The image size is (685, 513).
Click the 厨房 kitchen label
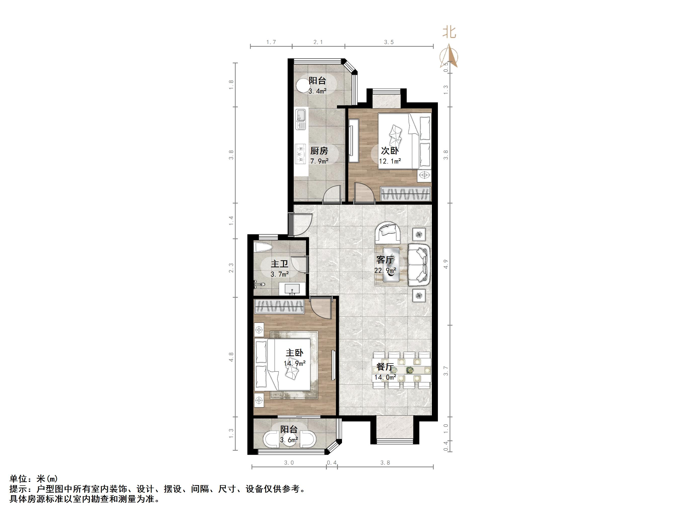tap(319, 151)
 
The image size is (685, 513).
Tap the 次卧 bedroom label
tap(390, 151)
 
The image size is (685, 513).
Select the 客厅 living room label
tap(385, 260)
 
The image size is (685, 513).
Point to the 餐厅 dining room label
tap(385, 367)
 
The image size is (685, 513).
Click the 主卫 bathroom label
tap(279, 264)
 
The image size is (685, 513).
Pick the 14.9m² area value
tap(294, 363)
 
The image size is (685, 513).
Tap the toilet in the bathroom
tap(263, 248)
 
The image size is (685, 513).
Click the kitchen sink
tap(301, 119)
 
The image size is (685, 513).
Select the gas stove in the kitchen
tap(300, 154)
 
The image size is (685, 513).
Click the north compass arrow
tap(449, 56)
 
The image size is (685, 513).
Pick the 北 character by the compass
tap(449, 32)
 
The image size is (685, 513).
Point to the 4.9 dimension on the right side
tap(446, 264)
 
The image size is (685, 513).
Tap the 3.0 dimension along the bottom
tap(289, 463)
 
